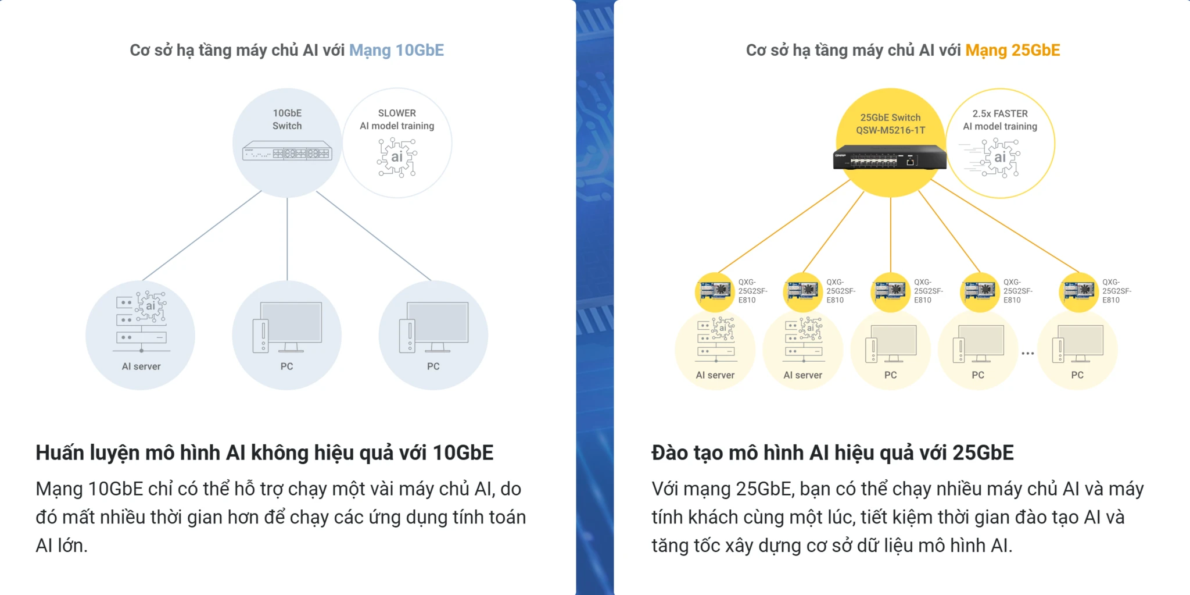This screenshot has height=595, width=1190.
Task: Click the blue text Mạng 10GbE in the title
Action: click(396, 51)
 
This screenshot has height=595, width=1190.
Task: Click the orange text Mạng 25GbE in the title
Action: click(1013, 51)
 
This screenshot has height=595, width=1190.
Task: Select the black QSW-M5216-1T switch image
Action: click(890, 157)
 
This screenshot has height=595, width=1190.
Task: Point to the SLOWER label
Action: click(397, 113)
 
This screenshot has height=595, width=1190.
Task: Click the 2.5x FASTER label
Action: click(1000, 113)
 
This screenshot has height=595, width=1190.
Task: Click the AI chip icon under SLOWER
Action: click(397, 157)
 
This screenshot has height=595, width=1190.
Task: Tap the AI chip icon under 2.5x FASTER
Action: click(999, 157)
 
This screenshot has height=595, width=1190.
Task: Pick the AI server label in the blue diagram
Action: click(141, 366)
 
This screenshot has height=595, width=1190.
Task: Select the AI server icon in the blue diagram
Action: click(141, 322)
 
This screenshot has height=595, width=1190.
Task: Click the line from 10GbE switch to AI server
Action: click(202, 236)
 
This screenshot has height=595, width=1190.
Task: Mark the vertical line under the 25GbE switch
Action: click(890, 235)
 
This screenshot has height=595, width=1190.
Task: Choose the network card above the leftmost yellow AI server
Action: click(715, 290)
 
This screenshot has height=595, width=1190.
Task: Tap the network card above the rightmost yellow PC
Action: click(1079, 290)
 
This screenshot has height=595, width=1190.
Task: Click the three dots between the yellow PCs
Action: click(1027, 354)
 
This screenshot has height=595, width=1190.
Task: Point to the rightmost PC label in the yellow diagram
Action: click(1077, 375)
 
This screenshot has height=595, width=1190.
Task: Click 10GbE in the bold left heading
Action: click(463, 453)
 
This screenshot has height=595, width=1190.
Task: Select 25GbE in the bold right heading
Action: click(983, 453)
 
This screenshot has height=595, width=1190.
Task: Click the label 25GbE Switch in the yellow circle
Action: click(890, 117)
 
